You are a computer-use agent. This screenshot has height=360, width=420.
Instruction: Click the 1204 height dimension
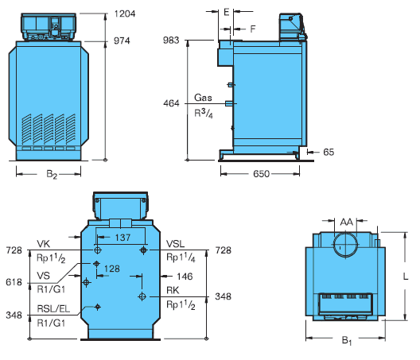click(x=125, y=14)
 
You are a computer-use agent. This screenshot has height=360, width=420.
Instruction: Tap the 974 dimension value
click(x=122, y=41)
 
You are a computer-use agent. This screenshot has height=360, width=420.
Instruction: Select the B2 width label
click(x=52, y=174)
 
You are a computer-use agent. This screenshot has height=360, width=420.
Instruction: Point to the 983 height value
click(x=171, y=41)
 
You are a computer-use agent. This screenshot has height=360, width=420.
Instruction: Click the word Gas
click(x=203, y=98)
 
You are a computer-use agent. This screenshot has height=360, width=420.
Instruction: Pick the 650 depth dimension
click(x=261, y=174)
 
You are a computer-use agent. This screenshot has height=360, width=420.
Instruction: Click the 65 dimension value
click(x=329, y=152)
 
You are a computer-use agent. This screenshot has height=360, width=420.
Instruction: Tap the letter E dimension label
click(x=227, y=12)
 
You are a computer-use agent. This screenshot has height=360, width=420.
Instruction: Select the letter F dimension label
click(x=253, y=29)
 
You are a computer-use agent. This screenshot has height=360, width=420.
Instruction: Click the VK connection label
click(x=43, y=244)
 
